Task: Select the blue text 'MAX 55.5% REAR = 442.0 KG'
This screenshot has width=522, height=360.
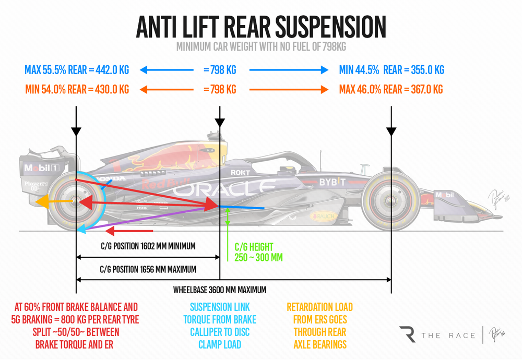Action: click(77, 70)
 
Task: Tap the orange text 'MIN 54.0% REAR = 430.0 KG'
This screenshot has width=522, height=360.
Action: click(77, 90)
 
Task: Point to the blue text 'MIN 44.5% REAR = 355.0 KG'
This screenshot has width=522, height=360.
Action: click(391, 70)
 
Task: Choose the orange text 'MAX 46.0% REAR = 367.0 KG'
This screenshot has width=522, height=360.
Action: click(391, 90)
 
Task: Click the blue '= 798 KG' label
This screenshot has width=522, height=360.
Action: click(219, 70)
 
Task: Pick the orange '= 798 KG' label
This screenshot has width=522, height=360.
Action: click(219, 90)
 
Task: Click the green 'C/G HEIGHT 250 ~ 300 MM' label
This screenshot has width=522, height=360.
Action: click(254, 252)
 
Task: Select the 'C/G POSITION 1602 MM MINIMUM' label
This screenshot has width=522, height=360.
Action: click(147, 246)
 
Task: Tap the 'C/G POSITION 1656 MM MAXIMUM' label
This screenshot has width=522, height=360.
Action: click(148, 270)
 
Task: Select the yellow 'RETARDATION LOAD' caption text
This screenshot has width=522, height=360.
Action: click(319, 307)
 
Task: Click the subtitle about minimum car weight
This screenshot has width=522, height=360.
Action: click(260, 47)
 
